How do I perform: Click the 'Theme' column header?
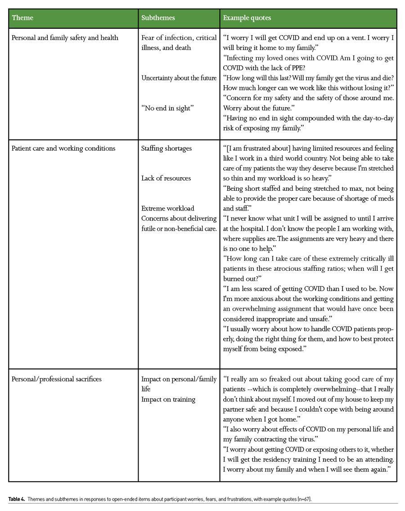click(x=22, y=18)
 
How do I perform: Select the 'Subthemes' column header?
click(x=158, y=18)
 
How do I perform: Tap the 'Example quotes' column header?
click(x=247, y=18)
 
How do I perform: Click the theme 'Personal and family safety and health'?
click(x=65, y=38)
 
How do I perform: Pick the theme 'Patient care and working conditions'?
click(x=63, y=148)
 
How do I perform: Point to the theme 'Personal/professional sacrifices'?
click(x=56, y=379)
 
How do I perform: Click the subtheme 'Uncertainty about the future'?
click(x=179, y=78)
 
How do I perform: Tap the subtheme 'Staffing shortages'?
click(x=166, y=148)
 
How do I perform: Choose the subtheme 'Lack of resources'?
click(x=166, y=178)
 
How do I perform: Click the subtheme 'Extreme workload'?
click(x=167, y=208)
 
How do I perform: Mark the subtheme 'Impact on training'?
click(x=168, y=399)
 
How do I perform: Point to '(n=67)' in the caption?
click(x=303, y=499)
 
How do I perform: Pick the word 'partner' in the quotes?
click(x=234, y=409)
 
